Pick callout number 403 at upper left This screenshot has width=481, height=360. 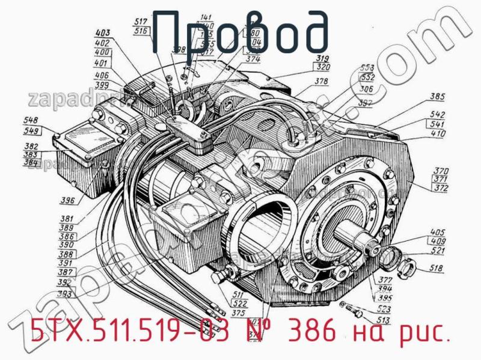tap(103, 34)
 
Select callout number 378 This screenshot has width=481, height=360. tap(321, 82)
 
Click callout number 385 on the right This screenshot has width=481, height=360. tap(437, 96)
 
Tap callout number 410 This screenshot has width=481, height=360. tap(437, 133)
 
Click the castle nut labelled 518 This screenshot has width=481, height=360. tap(406, 263)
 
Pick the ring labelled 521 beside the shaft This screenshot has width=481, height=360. tap(390, 255)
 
